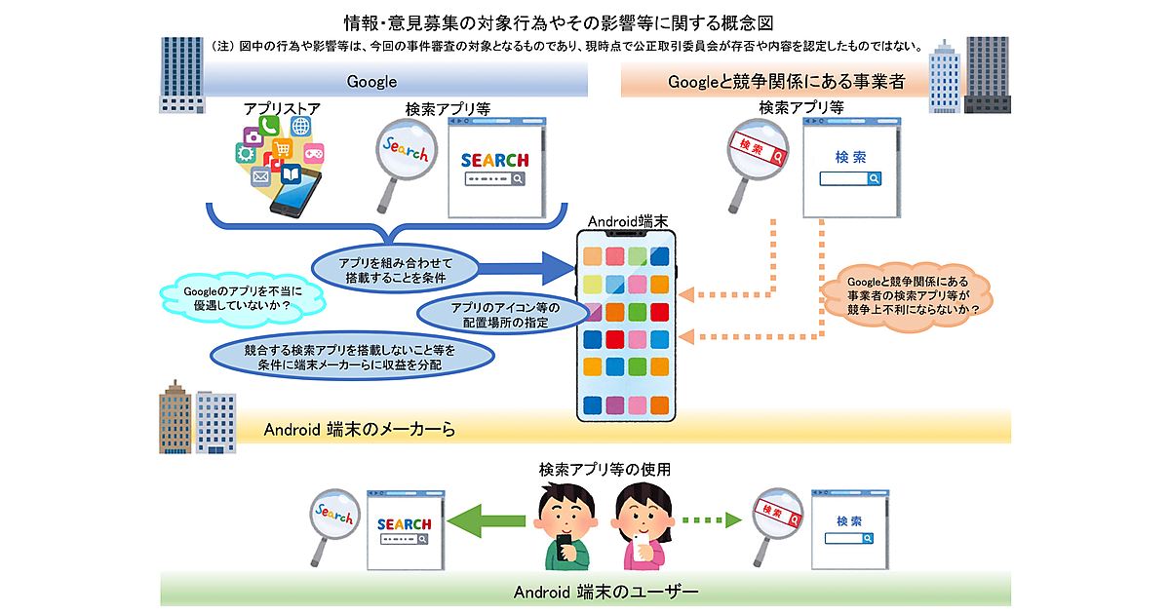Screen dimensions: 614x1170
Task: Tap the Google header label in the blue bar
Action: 371,82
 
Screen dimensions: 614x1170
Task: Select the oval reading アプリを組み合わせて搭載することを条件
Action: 395,271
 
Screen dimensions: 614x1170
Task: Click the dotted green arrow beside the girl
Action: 710,518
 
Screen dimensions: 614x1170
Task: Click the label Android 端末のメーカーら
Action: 360,429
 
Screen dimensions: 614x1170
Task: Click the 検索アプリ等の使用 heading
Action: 604,469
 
